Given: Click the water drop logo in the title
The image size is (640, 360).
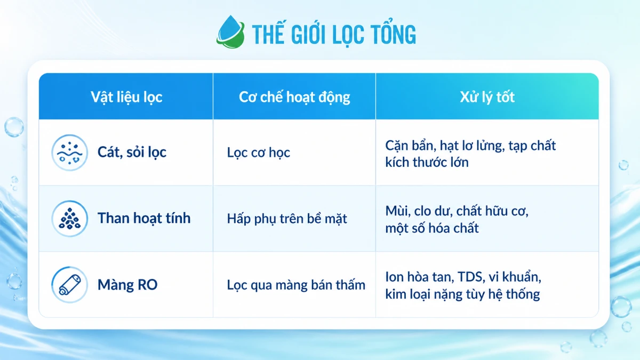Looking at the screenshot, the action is click(230, 31).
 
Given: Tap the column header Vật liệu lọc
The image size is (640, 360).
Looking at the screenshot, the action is click(126, 97).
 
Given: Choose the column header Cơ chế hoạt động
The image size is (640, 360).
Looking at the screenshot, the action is click(294, 98).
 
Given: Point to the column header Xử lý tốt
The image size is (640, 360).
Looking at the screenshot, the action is click(487, 97).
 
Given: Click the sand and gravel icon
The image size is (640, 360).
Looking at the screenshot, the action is click(69, 153).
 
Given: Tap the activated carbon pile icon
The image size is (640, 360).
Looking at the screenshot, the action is click(69, 219).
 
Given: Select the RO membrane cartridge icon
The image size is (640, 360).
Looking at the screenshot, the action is click(69, 285).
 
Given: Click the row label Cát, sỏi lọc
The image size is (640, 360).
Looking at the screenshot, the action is click(132, 153).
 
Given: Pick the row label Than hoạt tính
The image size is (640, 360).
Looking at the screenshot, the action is click(144, 218).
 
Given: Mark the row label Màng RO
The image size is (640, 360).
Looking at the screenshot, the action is click(127, 285).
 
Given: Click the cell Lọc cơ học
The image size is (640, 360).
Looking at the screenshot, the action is click(258, 153).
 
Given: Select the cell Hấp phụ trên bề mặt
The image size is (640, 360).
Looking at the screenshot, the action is click(287, 219).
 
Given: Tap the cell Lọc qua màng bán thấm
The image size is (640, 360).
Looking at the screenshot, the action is click(296, 285).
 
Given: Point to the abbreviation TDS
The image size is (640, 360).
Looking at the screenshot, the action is click(471, 277).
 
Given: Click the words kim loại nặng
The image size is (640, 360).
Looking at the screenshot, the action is click(423, 294).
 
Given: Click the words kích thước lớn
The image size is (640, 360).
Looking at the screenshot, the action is click(427, 162).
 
